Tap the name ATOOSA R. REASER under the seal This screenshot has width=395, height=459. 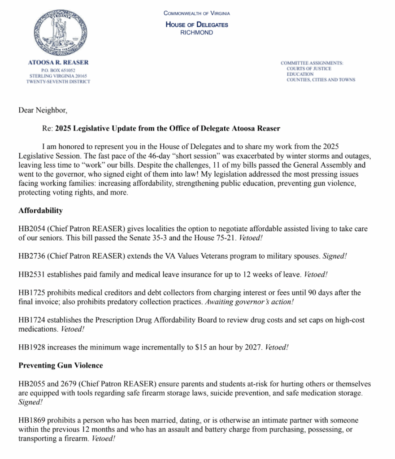point(58,62)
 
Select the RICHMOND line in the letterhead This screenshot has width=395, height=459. point(196,33)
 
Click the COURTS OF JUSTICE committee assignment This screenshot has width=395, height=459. point(309,69)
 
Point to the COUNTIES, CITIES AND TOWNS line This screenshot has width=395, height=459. point(321,80)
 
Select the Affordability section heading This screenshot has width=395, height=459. point(40,210)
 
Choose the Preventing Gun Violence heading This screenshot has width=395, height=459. point(61,365)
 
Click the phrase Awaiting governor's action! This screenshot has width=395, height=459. point(249,302)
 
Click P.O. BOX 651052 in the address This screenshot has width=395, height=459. point(58,70)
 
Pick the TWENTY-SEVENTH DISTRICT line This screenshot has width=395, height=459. point(58,82)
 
